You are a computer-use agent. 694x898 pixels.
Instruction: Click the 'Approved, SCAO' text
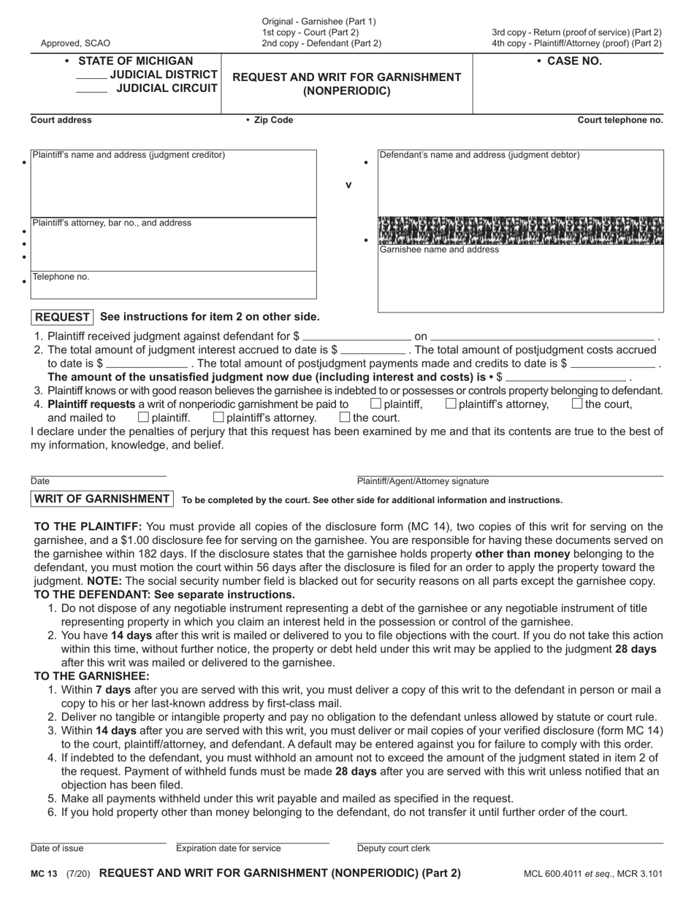pos(76,44)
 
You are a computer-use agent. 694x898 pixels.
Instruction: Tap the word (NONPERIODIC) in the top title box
pos(346,92)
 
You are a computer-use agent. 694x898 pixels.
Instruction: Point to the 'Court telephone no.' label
pos(620,120)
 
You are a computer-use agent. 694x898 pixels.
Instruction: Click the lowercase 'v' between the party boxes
pos(348,185)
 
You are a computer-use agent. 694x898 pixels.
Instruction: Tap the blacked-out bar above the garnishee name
pos(520,229)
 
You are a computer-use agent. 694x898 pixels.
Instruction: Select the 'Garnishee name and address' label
pos(439,250)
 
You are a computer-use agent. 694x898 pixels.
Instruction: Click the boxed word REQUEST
pos(62,317)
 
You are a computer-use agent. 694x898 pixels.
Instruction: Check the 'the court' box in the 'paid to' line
pos(577,404)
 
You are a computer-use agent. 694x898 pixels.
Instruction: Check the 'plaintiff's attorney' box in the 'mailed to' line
pos(218,418)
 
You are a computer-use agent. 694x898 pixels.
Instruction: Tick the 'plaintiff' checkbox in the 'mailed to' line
pos(143,418)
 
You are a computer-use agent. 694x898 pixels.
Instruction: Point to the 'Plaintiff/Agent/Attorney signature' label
pos(423,481)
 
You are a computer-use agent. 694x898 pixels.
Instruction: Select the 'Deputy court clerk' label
pos(393,848)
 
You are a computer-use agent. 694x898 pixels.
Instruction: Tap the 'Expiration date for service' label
pos(228,848)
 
